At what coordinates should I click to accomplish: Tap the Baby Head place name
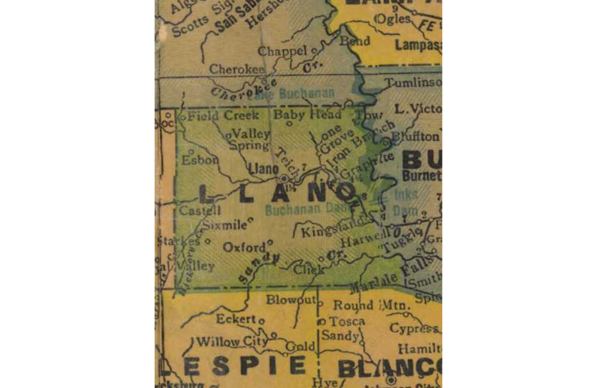[x=307, y=115]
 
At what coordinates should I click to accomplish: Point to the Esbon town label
[x=199, y=160]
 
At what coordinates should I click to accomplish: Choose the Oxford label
[x=244, y=247]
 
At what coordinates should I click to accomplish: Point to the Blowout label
[x=291, y=300]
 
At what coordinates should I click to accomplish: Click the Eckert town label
[x=235, y=319]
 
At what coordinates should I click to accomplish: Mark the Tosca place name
[x=347, y=321]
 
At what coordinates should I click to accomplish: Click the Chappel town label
[x=282, y=51]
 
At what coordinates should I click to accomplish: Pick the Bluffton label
[x=416, y=136]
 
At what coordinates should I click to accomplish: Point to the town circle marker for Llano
[x=284, y=178]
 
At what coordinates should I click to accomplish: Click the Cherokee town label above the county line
[x=236, y=69]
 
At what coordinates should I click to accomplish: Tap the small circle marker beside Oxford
[x=270, y=242]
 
